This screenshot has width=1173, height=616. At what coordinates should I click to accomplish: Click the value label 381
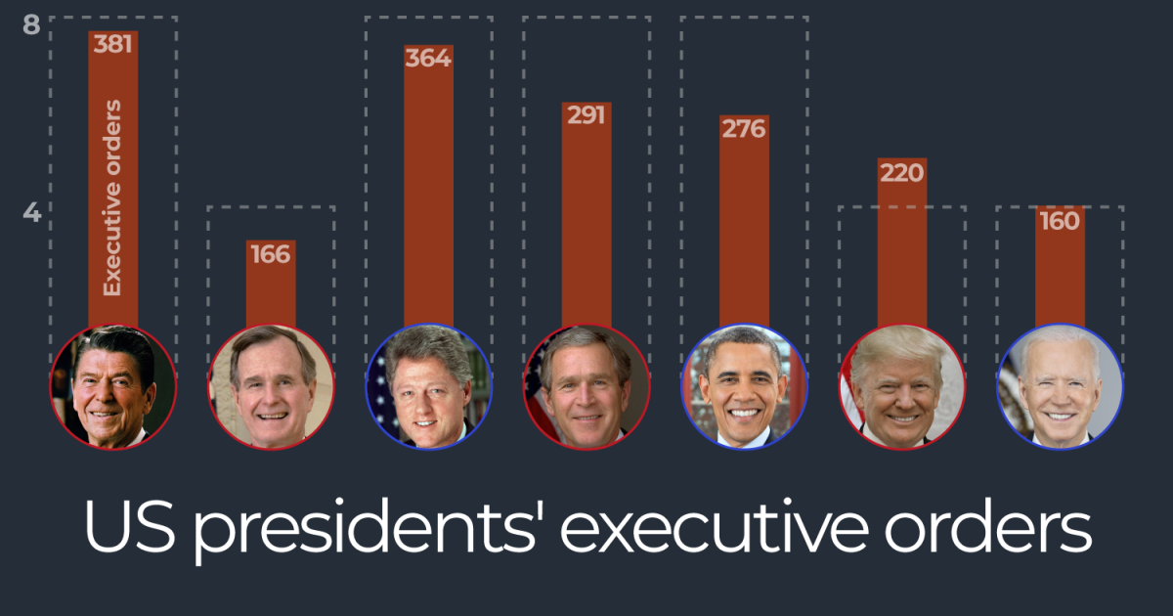(112, 44)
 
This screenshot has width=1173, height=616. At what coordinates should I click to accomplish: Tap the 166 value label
(270, 254)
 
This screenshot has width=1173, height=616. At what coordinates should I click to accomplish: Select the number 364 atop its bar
(428, 58)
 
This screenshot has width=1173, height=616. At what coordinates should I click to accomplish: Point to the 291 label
(586, 115)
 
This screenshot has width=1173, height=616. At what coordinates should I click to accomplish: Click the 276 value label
(743, 128)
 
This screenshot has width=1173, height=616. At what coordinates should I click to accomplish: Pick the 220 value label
(901, 172)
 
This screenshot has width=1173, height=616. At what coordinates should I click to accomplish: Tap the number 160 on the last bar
(1060, 220)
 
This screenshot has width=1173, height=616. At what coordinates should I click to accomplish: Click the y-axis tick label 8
(31, 24)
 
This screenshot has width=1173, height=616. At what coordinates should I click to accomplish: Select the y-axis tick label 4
(31, 212)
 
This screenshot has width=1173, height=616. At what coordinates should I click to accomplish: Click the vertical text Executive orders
(112, 198)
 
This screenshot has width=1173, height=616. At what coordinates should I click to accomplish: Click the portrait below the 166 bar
(271, 387)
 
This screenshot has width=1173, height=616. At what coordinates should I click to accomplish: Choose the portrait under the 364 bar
(428, 387)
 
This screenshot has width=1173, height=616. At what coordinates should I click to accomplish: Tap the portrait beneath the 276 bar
(744, 387)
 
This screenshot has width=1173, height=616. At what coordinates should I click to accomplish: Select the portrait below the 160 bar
(1060, 387)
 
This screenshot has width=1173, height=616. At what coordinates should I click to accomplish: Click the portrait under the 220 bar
(901, 387)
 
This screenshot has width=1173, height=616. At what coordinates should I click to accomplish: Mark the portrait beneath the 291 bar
(586, 387)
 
